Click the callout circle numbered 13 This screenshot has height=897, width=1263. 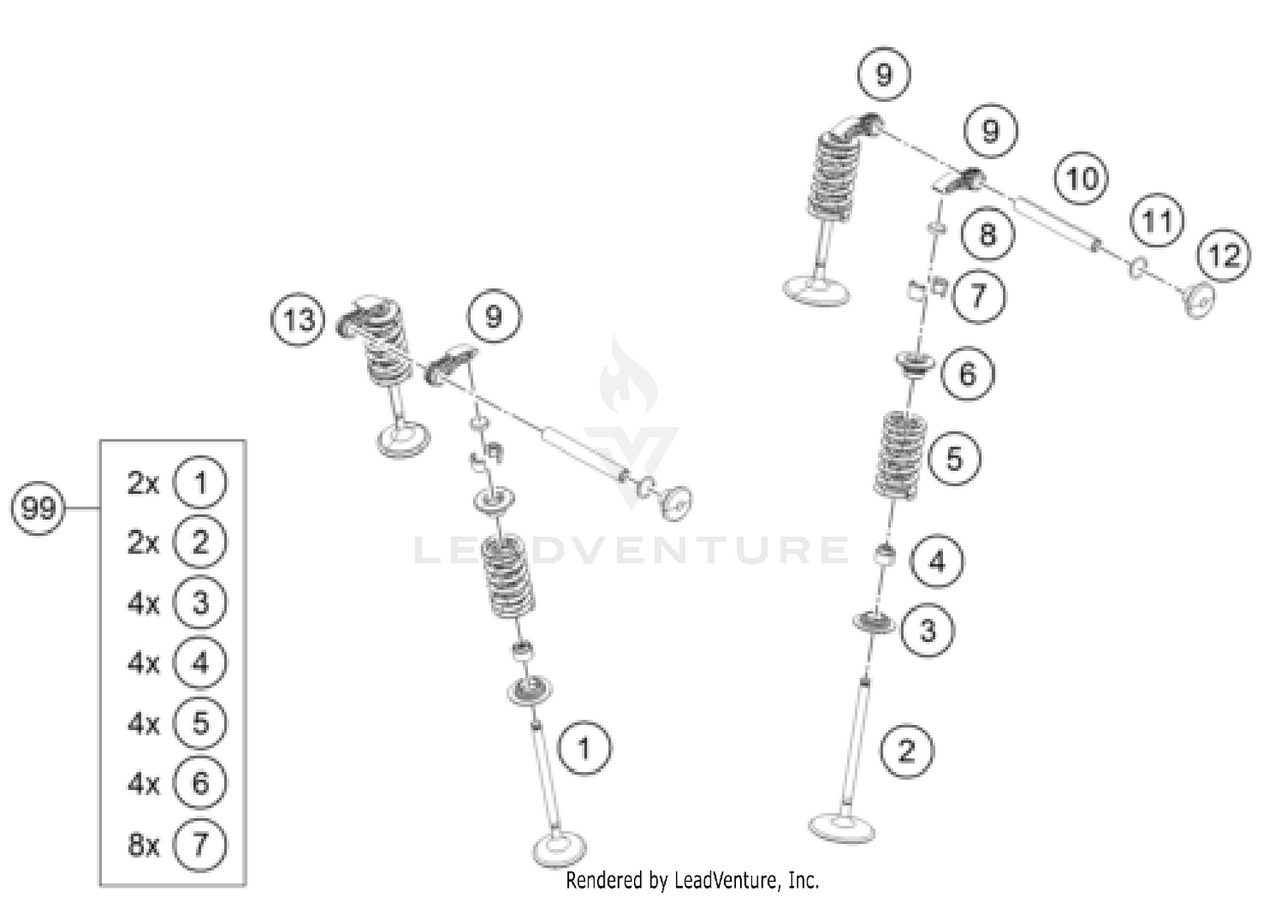tap(298, 320)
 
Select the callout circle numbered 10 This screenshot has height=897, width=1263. tap(1082, 179)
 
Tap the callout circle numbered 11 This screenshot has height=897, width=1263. tap(1157, 222)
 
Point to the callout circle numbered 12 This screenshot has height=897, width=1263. tap(1223, 255)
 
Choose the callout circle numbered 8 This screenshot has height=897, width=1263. tap(988, 234)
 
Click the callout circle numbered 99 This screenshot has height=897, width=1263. tap(38, 508)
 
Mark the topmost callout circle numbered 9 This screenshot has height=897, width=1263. tap(883, 75)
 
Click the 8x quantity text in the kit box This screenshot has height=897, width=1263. tap(143, 844)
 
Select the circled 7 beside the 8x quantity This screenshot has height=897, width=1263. tap(200, 844)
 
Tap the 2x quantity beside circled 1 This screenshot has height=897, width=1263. tap(143, 483)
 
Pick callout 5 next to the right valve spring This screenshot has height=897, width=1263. tap(954, 459)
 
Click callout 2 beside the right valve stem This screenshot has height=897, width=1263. tap(907, 750)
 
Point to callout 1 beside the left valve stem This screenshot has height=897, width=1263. tap(584, 748)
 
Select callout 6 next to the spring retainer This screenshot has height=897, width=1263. tap(967, 374)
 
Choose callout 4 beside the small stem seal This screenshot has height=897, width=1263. tap(937, 561)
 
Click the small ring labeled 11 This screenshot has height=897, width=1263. tap(1138, 268)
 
